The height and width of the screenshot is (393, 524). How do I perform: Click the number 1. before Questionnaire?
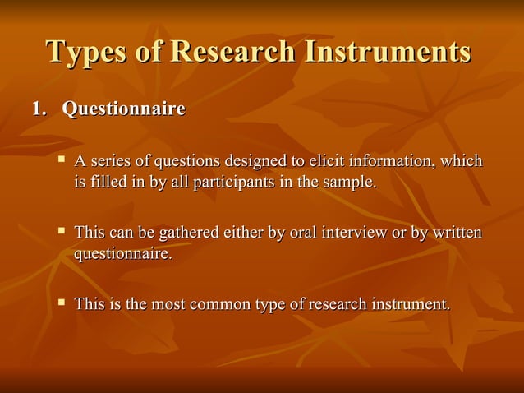(40, 109)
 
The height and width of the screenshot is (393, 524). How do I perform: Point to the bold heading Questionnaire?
(124, 109)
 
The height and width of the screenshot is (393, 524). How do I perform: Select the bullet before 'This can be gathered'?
(61, 232)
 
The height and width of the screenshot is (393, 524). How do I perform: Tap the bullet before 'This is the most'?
(61, 303)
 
